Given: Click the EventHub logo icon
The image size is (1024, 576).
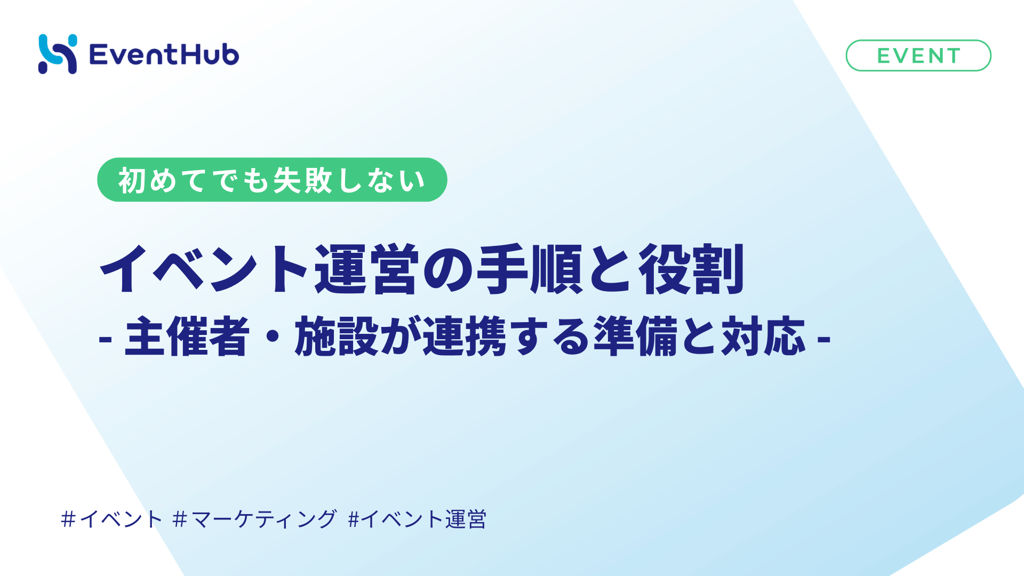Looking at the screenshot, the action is coord(58,54).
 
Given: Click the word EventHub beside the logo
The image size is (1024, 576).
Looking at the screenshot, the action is coord(164,54).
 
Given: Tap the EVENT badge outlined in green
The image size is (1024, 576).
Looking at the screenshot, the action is coord(918,55).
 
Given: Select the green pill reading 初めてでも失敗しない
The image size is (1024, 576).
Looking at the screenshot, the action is coord(272,180).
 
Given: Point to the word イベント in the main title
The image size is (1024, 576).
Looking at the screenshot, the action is coord(205,269).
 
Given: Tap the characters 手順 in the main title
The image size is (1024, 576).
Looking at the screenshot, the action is coord(529,269).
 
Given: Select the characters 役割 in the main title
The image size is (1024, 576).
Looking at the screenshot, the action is coord(691,269).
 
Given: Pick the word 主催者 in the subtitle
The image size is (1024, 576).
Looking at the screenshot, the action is coord(187,336).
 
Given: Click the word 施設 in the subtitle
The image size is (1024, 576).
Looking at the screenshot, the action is coord(337,336).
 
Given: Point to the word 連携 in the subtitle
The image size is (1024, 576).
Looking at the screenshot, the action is coord(465,336).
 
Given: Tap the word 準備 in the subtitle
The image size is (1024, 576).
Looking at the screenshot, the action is coord(635,336).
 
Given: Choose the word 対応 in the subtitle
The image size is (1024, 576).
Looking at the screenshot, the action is coord(763,336).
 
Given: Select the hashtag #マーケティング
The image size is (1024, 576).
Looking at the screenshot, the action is coord(255,519).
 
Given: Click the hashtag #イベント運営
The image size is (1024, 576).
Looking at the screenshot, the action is coord(417,519).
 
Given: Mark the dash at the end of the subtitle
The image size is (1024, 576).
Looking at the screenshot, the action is coord(824,339).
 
